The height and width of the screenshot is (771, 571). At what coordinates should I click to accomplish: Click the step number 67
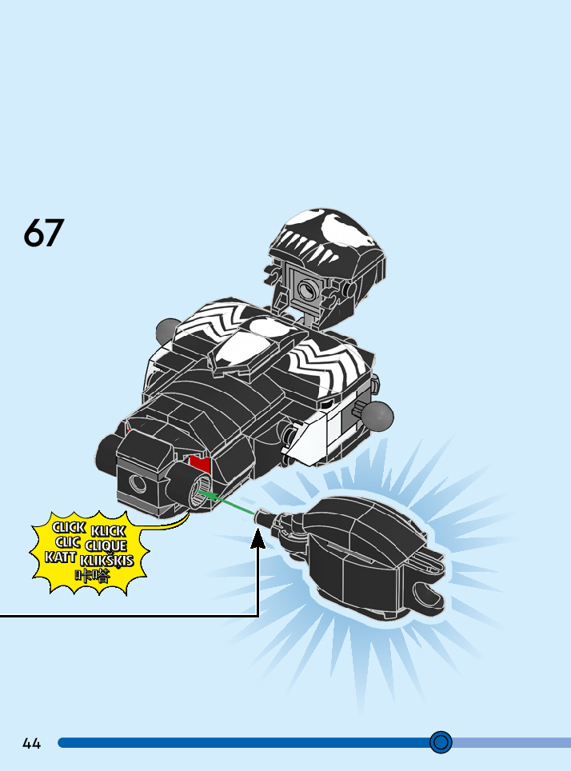[x=43, y=232]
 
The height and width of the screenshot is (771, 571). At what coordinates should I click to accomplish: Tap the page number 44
[x=32, y=743]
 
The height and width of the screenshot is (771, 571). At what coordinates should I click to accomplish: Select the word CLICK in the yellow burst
[x=69, y=528]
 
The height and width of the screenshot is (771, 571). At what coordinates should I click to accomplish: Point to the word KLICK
[x=108, y=532]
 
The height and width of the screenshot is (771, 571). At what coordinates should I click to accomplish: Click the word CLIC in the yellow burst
[x=68, y=542]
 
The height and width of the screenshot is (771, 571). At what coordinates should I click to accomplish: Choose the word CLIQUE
[x=106, y=546]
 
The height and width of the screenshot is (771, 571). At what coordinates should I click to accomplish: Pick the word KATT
[x=61, y=557]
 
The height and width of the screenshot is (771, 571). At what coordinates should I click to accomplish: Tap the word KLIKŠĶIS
[x=107, y=561]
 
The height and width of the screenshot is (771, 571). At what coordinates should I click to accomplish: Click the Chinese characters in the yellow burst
[x=92, y=576]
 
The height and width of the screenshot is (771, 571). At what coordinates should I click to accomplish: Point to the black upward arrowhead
[x=258, y=539]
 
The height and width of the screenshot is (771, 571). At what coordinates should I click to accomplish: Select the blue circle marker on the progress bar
[x=441, y=742]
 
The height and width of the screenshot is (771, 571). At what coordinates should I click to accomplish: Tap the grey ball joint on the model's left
[x=168, y=329]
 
